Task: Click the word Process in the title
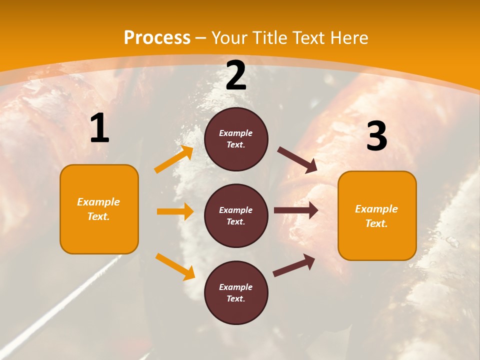(x=157, y=37)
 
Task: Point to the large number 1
(x=99, y=129)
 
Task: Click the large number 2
(x=236, y=76)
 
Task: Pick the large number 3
(x=376, y=136)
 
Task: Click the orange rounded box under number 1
(x=99, y=209)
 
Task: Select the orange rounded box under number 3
(x=377, y=215)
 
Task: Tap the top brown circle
(x=236, y=139)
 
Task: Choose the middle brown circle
(x=236, y=215)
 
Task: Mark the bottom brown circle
(x=236, y=292)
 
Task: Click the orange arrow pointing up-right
(x=174, y=159)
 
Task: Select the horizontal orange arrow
(x=175, y=211)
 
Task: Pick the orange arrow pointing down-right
(x=175, y=266)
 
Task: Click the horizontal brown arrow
(x=296, y=210)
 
